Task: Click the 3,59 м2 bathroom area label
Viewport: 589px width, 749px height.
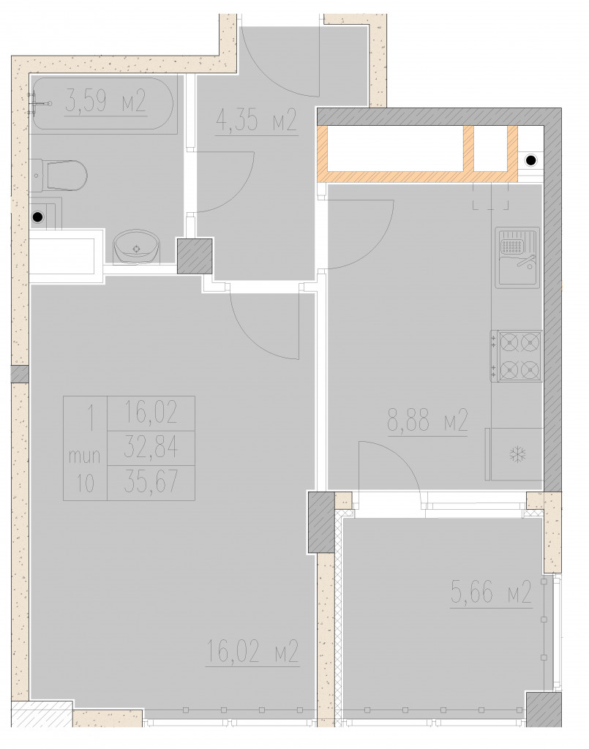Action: pos(105,102)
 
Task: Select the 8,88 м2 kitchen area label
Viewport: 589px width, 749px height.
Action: pos(427,421)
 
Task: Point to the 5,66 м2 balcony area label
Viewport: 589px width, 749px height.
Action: pos(491,592)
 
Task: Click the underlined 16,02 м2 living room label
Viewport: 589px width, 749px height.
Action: pos(252,651)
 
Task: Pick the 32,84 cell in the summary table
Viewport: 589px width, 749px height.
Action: pos(151,448)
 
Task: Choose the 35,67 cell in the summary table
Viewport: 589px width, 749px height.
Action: pos(151,483)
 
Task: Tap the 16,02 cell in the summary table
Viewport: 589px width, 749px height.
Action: pos(151,413)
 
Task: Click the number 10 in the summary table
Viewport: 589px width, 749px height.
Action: pos(86,484)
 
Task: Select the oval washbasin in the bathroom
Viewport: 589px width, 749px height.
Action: pos(137,246)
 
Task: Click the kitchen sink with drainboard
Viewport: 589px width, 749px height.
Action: pos(517,257)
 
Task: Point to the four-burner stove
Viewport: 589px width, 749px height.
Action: pos(516,356)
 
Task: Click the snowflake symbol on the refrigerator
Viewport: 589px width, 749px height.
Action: pos(517,454)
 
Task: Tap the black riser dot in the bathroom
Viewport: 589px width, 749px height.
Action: pos(37,217)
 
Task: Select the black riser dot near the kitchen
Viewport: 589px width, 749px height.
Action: pos(531,160)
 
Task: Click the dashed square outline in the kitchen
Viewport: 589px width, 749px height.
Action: pos(491,197)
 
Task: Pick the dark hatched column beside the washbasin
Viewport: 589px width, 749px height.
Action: pos(195,256)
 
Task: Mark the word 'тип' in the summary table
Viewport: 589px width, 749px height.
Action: pos(85,456)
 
